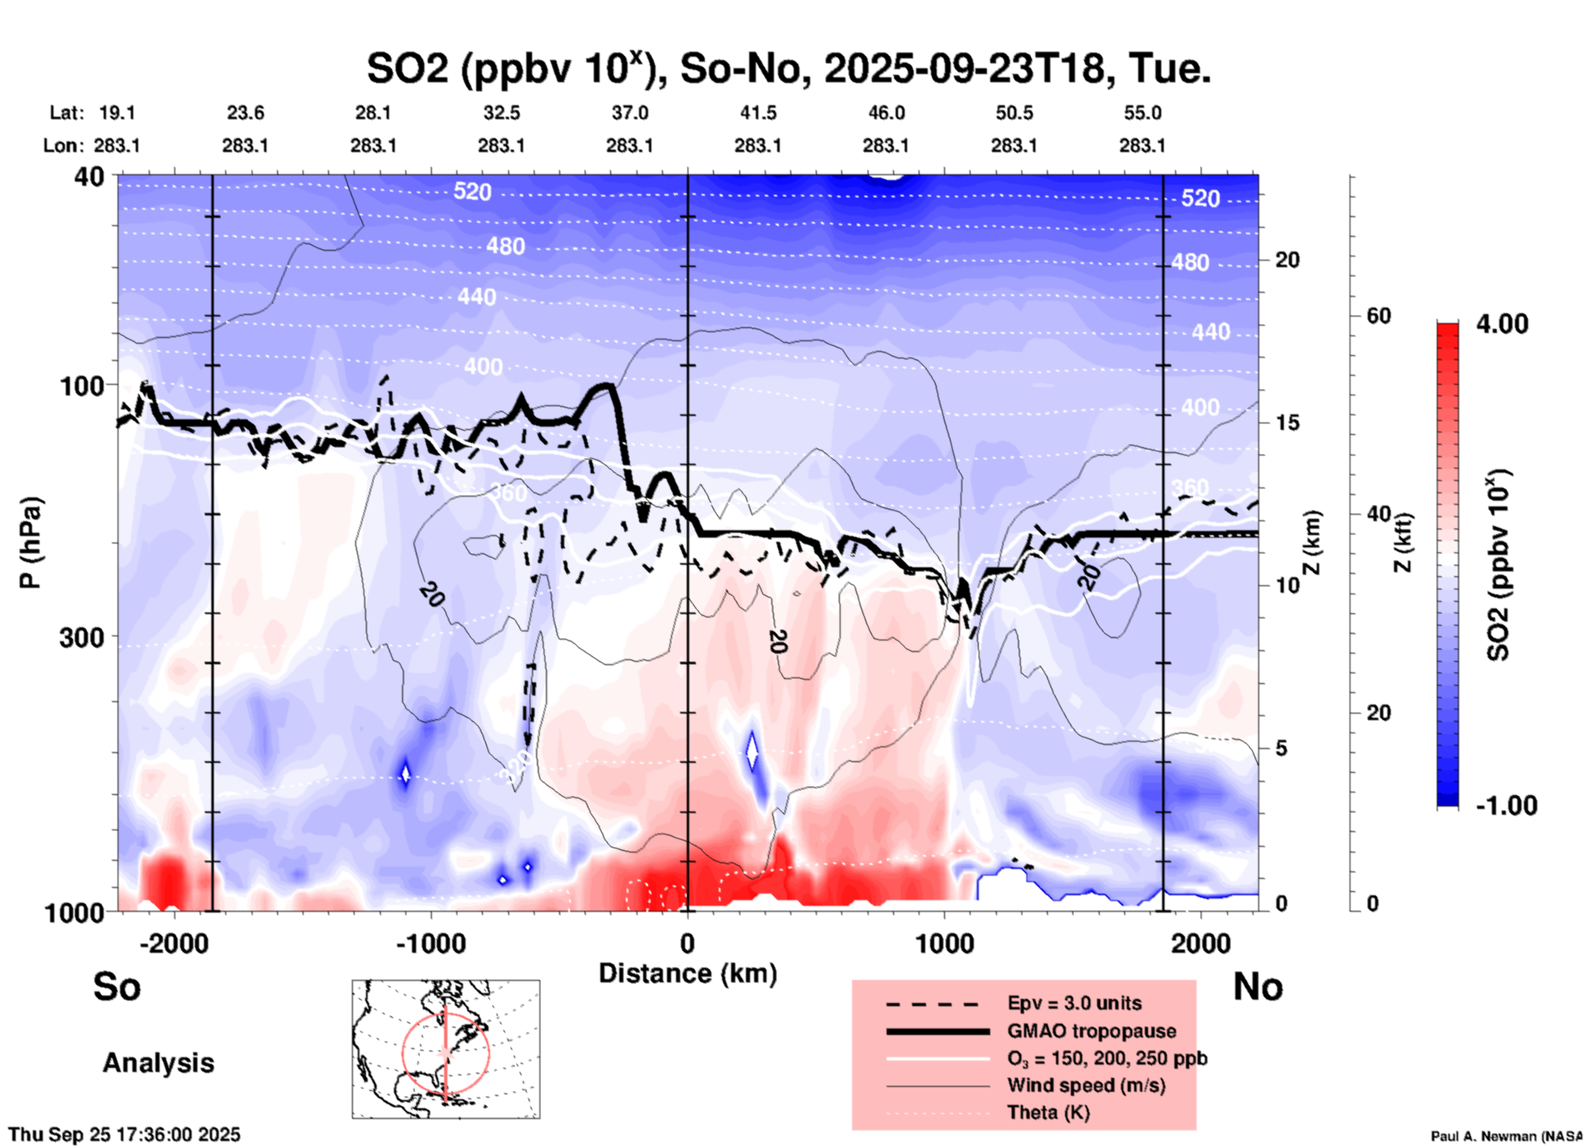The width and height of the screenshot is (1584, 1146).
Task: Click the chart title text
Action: click(788, 69)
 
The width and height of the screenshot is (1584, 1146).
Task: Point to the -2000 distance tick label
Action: click(174, 944)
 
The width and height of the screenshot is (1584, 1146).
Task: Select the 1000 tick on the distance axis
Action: click(944, 944)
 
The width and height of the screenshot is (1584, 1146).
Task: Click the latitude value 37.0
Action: click(629, 113)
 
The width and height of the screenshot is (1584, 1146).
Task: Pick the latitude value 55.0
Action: click(1142, 113)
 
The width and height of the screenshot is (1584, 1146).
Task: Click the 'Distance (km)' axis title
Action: click(688, 973)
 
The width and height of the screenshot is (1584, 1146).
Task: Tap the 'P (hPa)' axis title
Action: click(30, 543)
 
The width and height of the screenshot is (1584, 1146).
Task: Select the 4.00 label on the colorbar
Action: click(1502, 324)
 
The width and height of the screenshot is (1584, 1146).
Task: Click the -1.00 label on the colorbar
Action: click(1505, 806)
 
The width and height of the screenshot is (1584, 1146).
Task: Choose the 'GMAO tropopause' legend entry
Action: click(1091, 1031)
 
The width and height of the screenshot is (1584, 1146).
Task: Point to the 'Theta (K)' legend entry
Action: click(1049, 1113)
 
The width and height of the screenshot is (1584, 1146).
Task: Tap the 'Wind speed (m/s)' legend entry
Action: click(1086, 1085)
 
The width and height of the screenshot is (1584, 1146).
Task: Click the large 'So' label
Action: click(117, 987)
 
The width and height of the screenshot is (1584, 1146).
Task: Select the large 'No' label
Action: click(1257, 987)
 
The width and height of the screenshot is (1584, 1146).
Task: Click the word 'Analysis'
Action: click(158, 1063)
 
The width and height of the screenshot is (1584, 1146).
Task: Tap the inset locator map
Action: click(446, 1049)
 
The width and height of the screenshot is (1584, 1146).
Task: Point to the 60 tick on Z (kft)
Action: click(1378, 317)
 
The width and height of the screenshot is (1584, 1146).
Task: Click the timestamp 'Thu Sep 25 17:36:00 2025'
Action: click(125, 1134)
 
